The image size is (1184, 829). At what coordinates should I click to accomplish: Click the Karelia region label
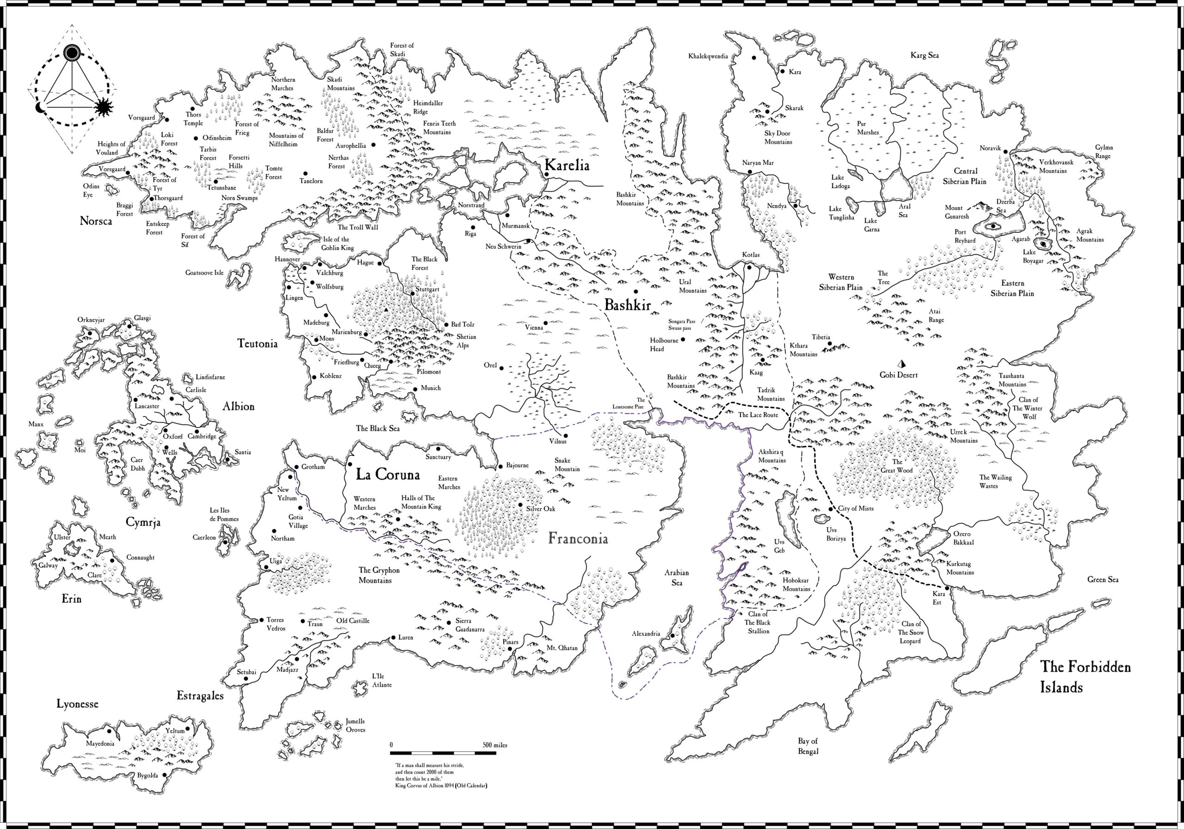[566, 166]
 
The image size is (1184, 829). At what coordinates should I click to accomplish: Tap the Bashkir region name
[627, 305]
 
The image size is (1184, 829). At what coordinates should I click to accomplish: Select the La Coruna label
[388, 474]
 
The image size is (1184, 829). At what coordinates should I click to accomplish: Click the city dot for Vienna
[545, 323]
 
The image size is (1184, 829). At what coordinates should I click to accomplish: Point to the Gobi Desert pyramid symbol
[902, 363]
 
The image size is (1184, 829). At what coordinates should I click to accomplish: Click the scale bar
[444, 753]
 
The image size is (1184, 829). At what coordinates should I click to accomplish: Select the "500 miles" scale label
[494, 745]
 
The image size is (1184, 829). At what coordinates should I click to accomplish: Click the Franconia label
[578, 539]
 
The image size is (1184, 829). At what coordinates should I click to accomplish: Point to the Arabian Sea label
[677, 577]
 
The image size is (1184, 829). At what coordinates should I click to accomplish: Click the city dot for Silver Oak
[520, 505]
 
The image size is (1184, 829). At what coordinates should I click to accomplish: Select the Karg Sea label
[924, 55]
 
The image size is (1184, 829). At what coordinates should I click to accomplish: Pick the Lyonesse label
[77, 704]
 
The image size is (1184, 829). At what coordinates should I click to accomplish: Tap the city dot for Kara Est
[947, 588]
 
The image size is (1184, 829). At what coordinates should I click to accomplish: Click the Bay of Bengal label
[808, 746]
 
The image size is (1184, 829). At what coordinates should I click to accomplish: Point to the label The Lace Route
[758, 415]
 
